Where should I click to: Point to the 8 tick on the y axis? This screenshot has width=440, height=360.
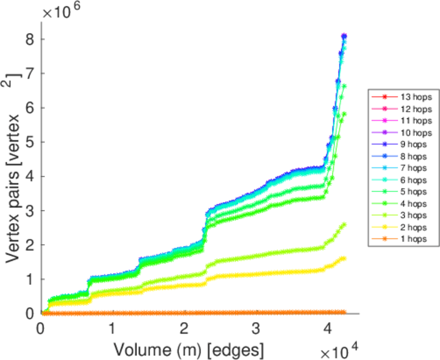click(28, 40)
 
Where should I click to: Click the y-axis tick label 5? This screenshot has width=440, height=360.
click(28, 142)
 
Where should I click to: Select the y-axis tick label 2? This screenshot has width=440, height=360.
click(28, 245)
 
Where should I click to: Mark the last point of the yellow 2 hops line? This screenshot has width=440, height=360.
click(344, 259)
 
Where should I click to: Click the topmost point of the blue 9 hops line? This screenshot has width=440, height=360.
click(344, 37)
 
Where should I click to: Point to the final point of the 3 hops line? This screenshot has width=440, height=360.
click(344, 225)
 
